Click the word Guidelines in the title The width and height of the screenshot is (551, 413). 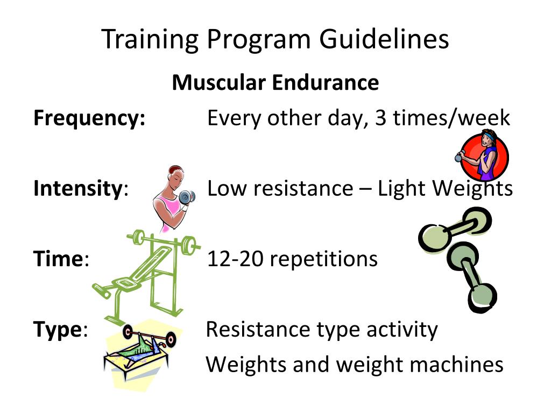point(384,40)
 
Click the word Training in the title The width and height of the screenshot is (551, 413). point(149,40)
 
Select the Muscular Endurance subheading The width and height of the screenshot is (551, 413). point(275,83)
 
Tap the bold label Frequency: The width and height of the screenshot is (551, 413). point(89,118)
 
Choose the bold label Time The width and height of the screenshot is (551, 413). point(58,259)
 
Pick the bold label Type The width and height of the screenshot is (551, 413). point(58,329)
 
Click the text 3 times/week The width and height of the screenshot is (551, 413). point(442,118)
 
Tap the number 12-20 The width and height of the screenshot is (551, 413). point(235,259)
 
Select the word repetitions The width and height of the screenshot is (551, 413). point(323,259)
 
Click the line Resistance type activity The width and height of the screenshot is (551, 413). point(322,329)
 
